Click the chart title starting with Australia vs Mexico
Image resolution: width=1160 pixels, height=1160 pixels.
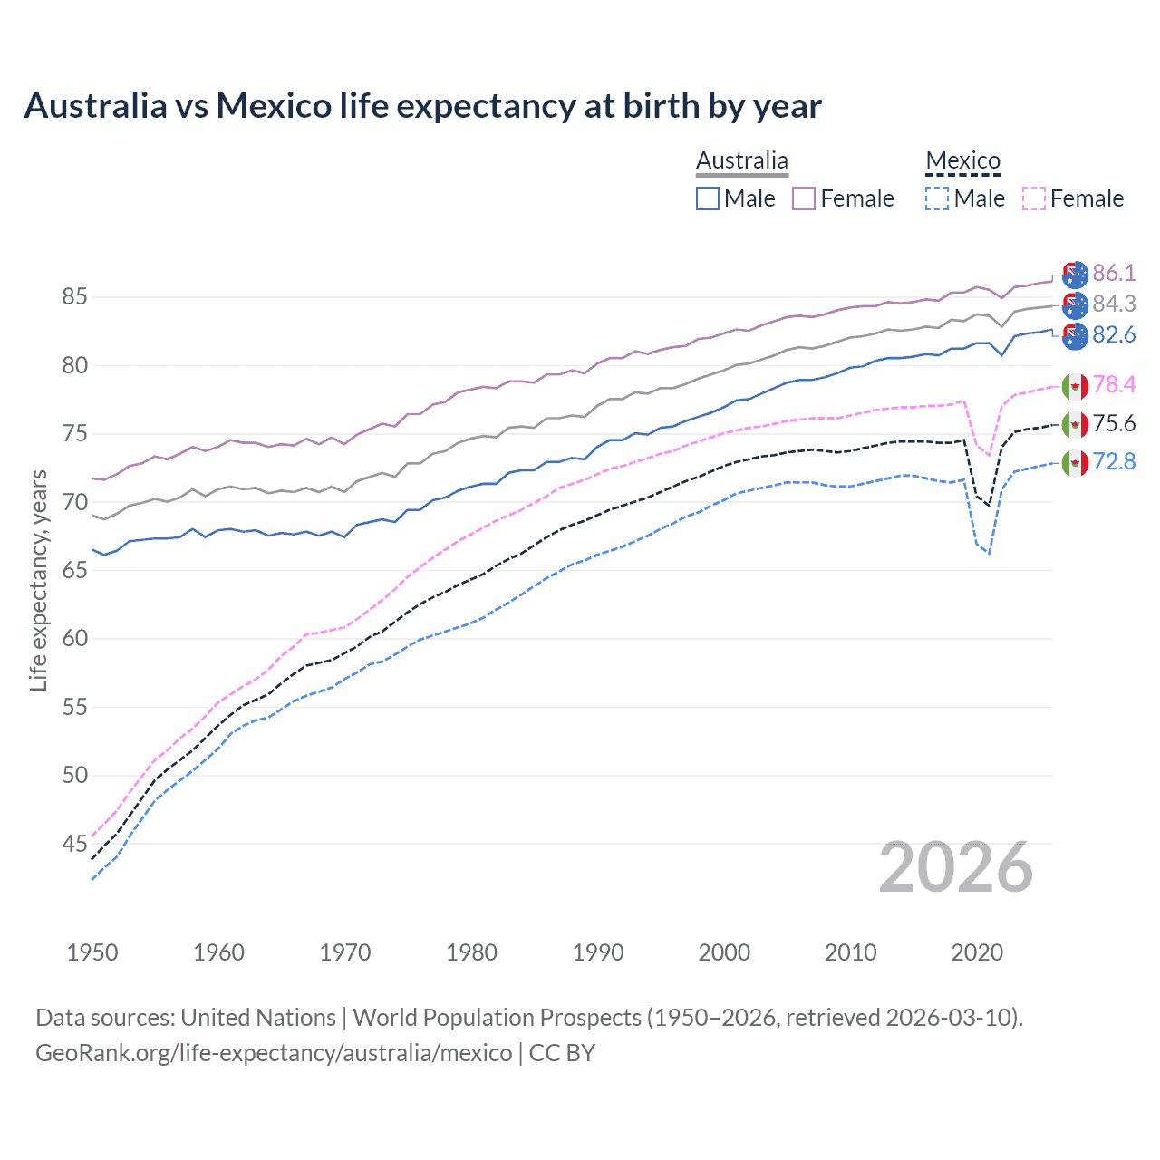click(x=422, y=106)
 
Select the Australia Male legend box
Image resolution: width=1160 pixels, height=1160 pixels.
click(x=708, y=198)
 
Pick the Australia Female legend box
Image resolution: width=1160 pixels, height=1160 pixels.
click(x=804, y=198)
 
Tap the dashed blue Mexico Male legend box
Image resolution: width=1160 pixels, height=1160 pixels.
click(x=937, y=198)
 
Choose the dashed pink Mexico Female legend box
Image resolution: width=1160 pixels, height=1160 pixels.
click(x=1034, y=198)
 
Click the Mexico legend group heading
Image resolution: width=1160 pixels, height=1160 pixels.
click(x=962, y=161)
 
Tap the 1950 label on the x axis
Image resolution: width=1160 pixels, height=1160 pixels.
click(x=92, y=952)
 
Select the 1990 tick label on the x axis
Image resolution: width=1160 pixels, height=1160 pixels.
click(x=598, y=952)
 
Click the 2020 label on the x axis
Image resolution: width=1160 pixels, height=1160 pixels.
click(x=977, y=952)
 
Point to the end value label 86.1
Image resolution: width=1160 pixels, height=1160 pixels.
click(x=1114, y=274)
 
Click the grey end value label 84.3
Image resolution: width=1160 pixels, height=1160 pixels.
click(x=1114, y=304)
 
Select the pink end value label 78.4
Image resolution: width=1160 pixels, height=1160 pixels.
click(x=1114, y=385)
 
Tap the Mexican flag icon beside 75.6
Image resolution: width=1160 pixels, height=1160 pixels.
click(x=1075, y=424)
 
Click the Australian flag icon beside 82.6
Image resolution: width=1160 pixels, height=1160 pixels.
click(x=1075, y=336)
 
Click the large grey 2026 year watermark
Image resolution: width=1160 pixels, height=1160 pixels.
click(x=956, y=868)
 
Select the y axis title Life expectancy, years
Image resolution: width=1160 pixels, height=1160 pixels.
click(x=38, y=580)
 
